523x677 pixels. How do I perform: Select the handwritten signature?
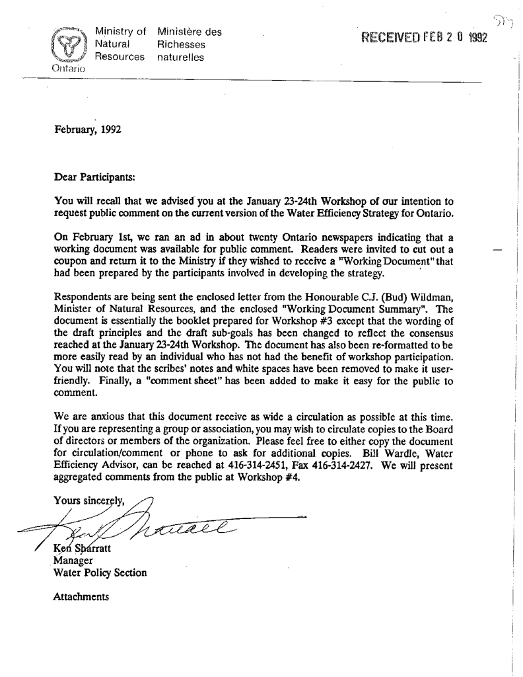pos(165,528)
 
